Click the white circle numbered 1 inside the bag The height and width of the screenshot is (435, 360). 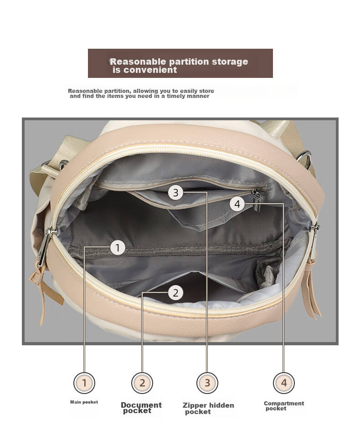pos(118,247)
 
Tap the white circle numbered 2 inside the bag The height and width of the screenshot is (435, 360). pos(175,293)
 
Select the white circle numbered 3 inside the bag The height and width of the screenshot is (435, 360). pos(176,193)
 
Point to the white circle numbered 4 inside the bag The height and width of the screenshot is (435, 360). pos(237,204)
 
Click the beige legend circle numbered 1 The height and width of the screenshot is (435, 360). pos(84,383)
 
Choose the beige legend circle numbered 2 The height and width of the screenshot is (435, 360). pos(142,383)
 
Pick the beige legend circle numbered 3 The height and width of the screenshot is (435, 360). pos(207,383)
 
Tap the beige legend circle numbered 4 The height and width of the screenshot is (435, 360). pos(283,383)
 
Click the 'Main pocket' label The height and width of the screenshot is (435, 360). pos(84,402)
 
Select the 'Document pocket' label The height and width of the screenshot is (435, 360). pos(141,408)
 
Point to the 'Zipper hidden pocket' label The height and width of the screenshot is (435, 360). pos(208,409)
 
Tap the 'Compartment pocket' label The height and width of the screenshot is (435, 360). pos(283,406)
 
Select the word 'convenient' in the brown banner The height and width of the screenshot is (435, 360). pos(150,70)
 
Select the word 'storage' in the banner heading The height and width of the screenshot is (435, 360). pos(230,62)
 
